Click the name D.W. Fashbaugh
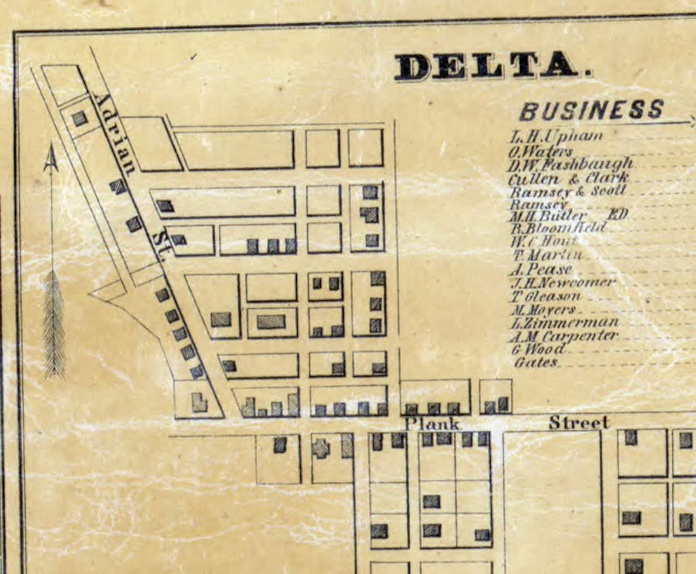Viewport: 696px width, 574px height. [x=571, y=164]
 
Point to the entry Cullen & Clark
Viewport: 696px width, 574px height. [x=568, y=178]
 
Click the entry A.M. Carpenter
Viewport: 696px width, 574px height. [x=564, y=337]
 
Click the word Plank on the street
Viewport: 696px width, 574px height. [x=432, y=424]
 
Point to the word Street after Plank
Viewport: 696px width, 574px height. [x=579, y=423]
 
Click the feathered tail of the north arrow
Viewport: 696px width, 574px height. [x=54, y=324]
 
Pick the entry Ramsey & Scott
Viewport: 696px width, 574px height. [x=568, y=192]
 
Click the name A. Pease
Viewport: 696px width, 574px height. [x=542, y=269]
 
